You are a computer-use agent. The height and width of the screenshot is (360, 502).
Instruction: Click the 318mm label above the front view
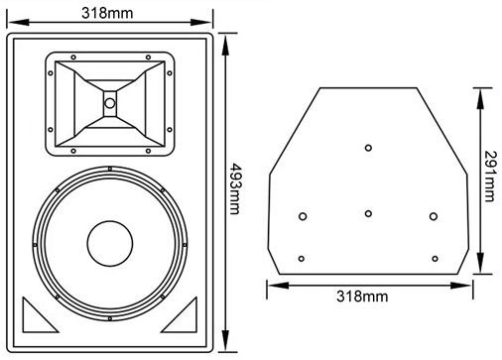click(107, 13)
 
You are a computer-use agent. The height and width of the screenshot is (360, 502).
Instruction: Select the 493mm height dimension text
click(234, 188)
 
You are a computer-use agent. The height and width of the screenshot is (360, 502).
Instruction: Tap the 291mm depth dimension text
click(490, 177)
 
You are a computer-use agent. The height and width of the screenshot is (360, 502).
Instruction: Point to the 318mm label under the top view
click(362, 296)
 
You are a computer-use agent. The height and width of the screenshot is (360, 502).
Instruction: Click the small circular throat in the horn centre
click(110, 103)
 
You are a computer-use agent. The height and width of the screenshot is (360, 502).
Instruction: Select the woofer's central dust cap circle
click(110, 244)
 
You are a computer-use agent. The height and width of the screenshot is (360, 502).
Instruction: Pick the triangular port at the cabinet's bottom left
click(41, 314)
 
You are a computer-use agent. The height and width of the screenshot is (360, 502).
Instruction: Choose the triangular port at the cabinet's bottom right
click(180, 314)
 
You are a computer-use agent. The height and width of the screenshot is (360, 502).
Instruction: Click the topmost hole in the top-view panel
click(368, 148)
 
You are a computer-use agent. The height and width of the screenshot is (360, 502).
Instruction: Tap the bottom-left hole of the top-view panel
click(302, 259)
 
